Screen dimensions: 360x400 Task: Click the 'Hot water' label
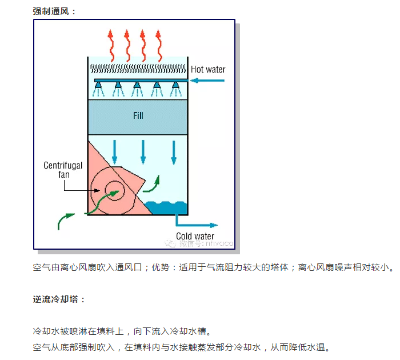[x=208, y=70]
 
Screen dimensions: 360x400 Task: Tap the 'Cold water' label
[x=195, y=237]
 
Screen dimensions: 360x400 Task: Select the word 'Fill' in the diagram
[x=138, y=116]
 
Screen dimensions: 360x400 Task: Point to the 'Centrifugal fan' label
[x=63, y=170]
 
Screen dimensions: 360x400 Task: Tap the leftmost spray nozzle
[x=99, y=87]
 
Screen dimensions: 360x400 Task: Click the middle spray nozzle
[x=137, y=87]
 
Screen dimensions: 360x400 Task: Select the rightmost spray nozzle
[x=176, y=87]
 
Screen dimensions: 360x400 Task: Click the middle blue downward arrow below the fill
[x=143, y=151]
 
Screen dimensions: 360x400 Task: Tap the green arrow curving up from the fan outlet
[x=151, y=183]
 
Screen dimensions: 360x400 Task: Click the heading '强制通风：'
[x=54, y=11]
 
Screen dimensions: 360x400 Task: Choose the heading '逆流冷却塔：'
[x=59, y=299]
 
